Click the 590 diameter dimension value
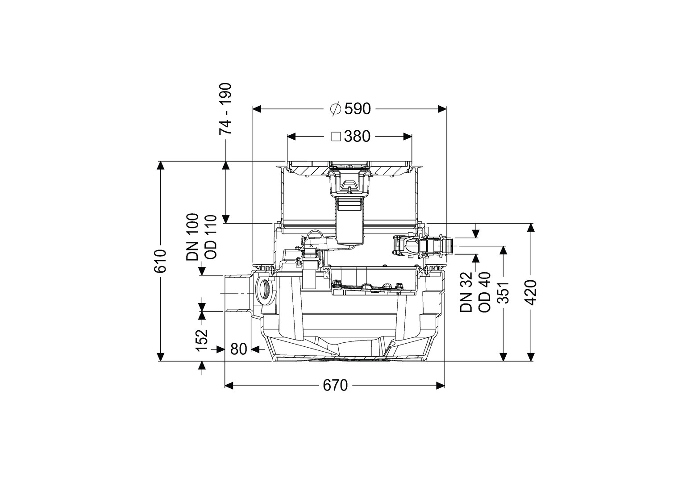[x=358, y=109]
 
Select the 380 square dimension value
[x=357, y=137]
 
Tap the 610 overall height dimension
[x=160, y=261]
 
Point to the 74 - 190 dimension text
[x=225, y=108]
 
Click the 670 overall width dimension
[x=335, y=386]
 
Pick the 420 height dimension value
[x=531, y=292]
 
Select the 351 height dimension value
[x=503, y=293]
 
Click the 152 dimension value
[x=202, y=340]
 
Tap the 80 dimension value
[x=238, y=349]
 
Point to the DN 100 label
[x=192, y=237]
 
